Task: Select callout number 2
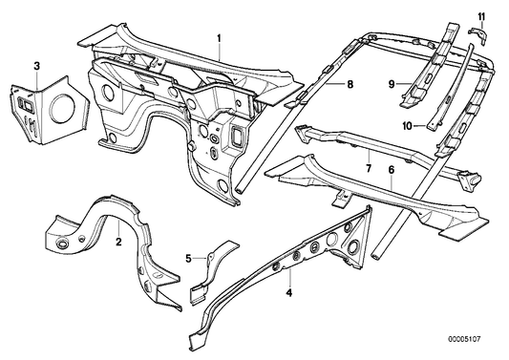tap(117, 244)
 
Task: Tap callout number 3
tap(36, 65)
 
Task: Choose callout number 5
tap(189, 258)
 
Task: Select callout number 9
tap(391, 85)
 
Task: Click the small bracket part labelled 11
tap(481, 35)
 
